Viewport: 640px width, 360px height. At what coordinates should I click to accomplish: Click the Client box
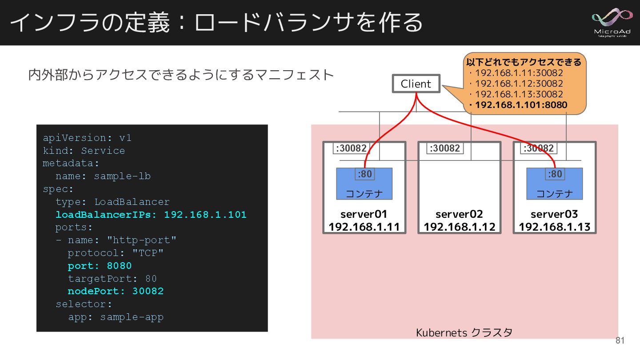pos(416,84)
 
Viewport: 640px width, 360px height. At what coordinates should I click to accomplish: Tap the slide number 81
pos(620,341)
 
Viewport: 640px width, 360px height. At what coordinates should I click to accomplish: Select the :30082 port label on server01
pos(350,148)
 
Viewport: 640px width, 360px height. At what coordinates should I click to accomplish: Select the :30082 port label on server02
pos(445,148)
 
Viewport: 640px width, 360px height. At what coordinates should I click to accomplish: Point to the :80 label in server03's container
pos(554,174)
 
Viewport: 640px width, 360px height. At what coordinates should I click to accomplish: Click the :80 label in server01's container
pos(364,174)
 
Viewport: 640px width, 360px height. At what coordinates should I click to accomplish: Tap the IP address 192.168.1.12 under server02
pos(459,227)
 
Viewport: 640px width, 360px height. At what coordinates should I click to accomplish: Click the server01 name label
pos(364,214)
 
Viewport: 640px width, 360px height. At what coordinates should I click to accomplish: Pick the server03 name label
pos(554,214)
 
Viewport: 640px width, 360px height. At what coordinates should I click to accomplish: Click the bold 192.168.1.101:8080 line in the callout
pos(520,105)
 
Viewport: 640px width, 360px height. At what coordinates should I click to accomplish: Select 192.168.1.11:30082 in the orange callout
pos(519,73)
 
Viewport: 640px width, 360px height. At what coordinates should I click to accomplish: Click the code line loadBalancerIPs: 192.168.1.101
pos(151,215)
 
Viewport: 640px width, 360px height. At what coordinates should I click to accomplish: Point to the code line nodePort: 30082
pos(116,291)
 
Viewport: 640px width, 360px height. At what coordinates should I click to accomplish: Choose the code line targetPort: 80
pos(112,279)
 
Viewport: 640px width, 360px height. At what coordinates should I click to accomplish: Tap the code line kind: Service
pos(84,151)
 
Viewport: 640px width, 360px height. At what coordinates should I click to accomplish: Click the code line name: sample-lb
pos(103,176)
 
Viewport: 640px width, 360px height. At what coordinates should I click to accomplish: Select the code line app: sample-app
pos(116,317)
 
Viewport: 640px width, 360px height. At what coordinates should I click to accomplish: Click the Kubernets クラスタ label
pos(464,332)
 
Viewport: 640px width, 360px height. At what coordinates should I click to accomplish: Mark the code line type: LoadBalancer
pos(112,202)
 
